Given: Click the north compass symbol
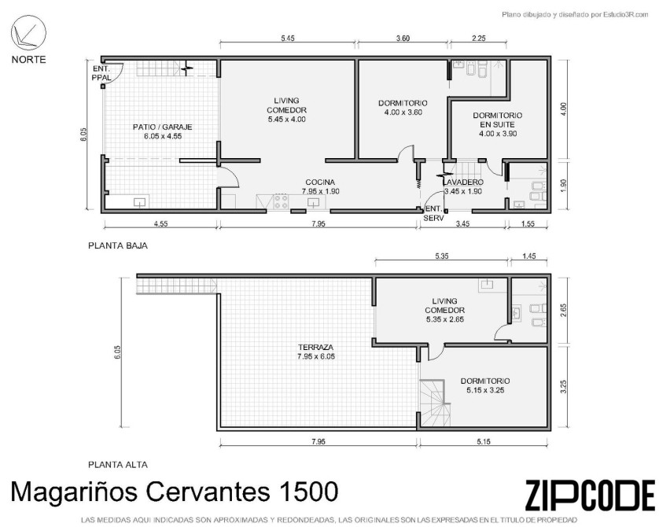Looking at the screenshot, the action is click(x=28, y=33).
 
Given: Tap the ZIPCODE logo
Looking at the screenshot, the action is click(x=590, y=496).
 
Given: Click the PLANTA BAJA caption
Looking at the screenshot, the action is click(x=118, y=245).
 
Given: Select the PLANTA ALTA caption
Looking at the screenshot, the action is click(x=118, y=465).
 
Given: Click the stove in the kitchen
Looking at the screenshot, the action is click(x=282, y=201).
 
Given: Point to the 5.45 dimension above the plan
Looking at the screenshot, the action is click(x=288, y=39).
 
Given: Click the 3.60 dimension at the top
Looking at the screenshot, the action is click(x=403, y=39).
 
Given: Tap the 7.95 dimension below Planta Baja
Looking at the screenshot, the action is click(x=318, y=223).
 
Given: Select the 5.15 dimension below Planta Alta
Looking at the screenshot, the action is click(x=484, y=441).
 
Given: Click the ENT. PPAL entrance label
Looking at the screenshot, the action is click(x=101, y=73).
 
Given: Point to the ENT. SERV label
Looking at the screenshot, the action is click(x=434, y=213).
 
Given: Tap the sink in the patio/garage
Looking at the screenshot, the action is click(x=139, y=201).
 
